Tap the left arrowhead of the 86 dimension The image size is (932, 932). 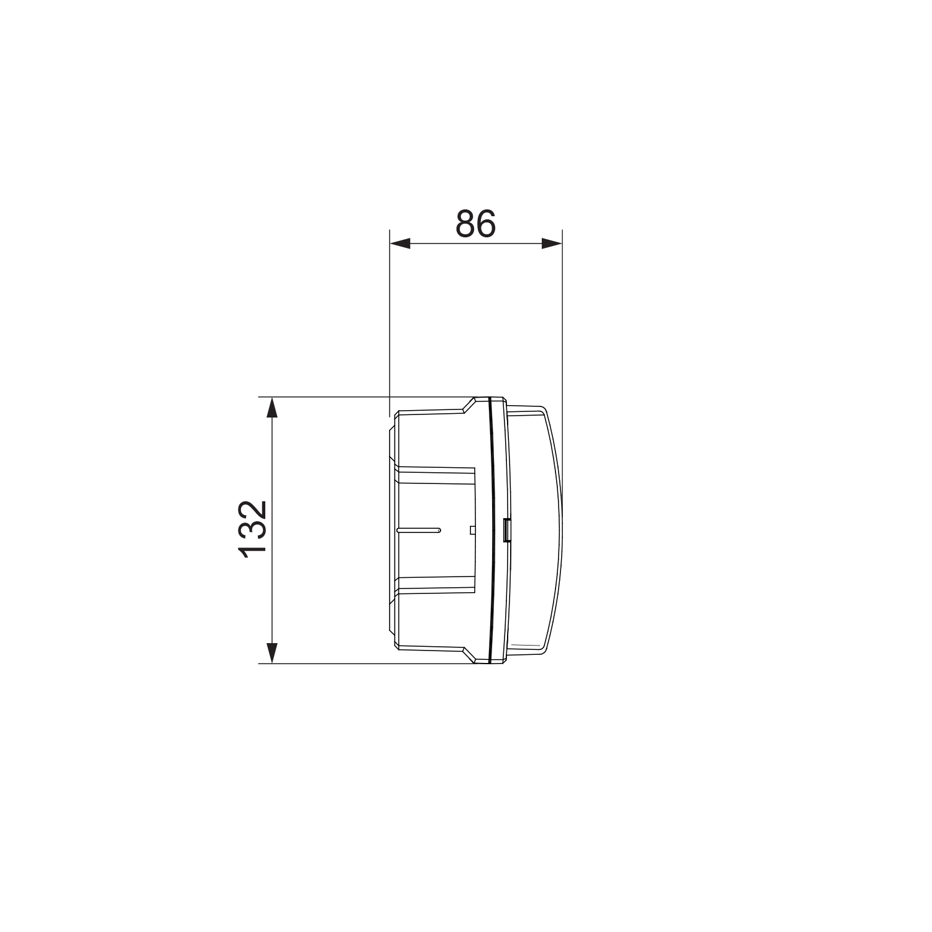pos(400,244)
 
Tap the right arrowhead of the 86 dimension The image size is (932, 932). pos(551,244)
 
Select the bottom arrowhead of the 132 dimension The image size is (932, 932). pos(272,653)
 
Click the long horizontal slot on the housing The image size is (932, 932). pos(418,530)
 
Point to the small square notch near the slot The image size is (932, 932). pos(473,530)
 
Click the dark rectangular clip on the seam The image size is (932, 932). pos(507,530)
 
